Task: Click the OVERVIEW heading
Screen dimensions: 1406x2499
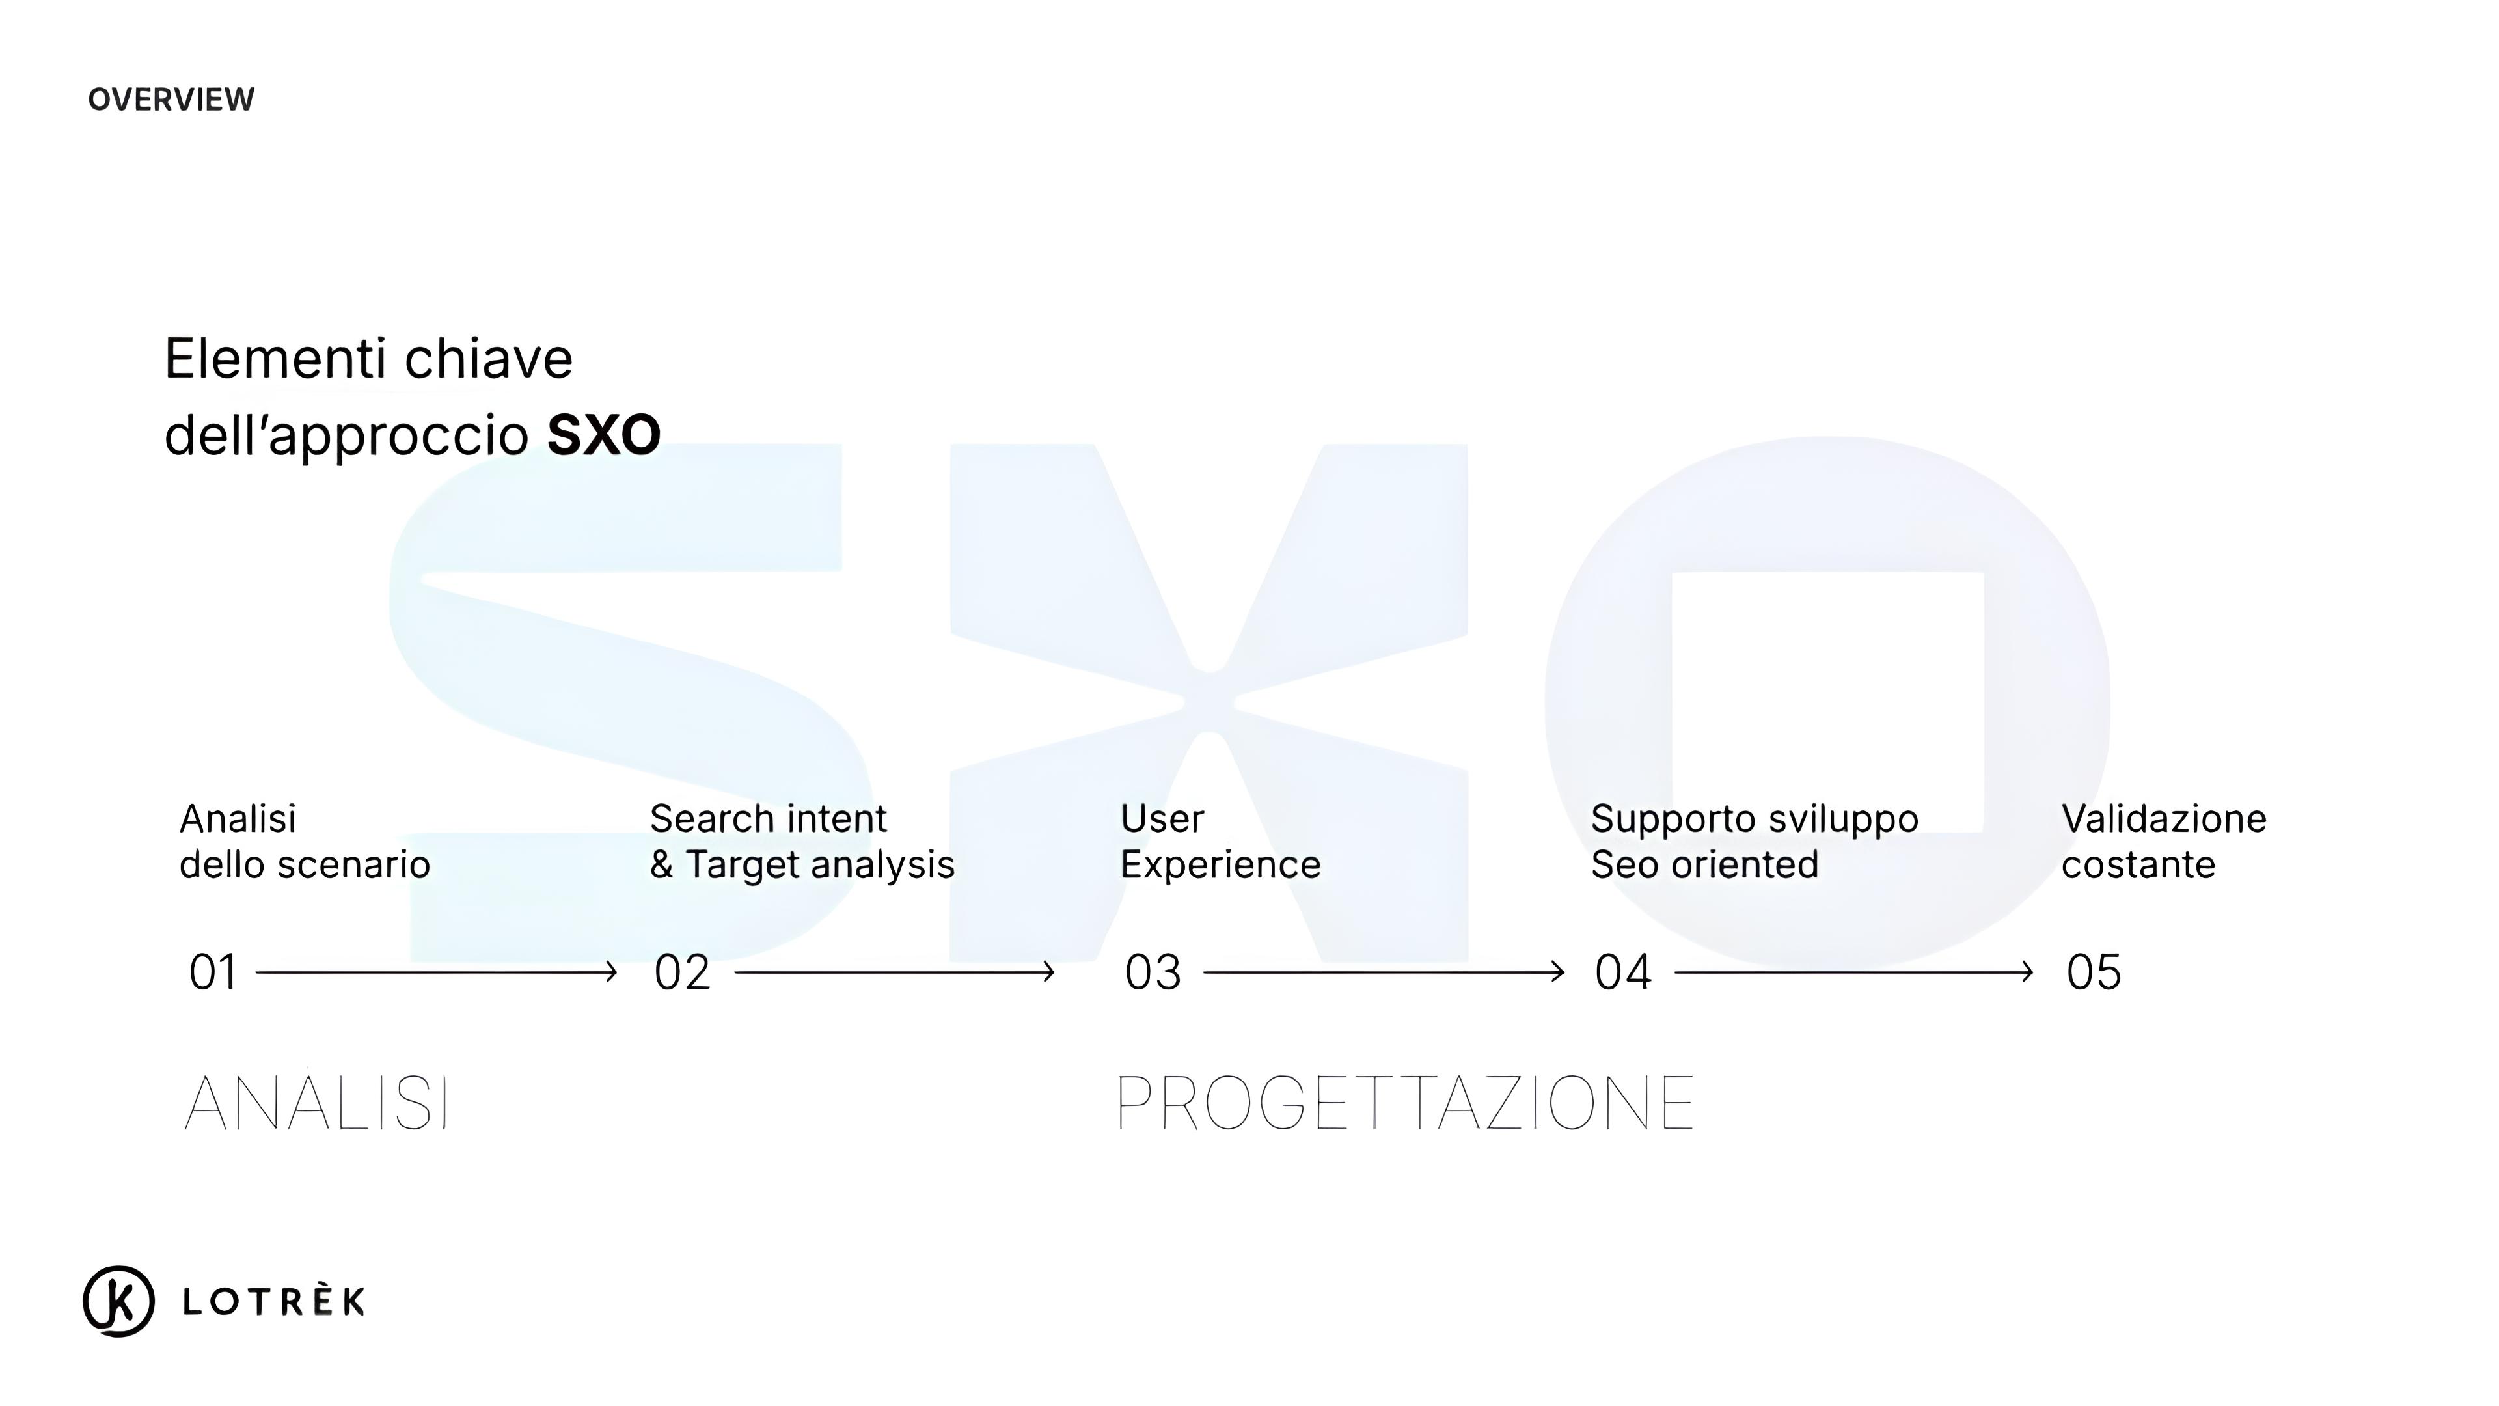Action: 171,99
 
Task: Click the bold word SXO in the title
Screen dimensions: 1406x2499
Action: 603,435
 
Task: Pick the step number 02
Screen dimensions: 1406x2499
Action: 682,972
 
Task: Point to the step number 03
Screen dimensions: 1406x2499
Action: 1153,972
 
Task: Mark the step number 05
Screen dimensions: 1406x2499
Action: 2094,972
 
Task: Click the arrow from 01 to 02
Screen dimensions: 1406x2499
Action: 437,971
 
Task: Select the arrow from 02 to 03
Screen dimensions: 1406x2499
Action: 894,971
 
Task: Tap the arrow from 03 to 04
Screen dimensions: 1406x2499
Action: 1384,971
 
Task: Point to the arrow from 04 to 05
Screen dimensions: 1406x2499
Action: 1854,971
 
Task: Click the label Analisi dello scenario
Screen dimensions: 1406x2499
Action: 305,841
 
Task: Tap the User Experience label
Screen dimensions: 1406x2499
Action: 1220,841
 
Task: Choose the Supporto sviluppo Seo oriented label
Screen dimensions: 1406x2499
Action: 1754,841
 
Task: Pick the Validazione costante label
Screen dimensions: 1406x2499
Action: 2163,841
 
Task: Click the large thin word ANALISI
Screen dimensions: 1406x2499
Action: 317,1103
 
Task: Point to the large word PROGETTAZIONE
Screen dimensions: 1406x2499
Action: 1406,1103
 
